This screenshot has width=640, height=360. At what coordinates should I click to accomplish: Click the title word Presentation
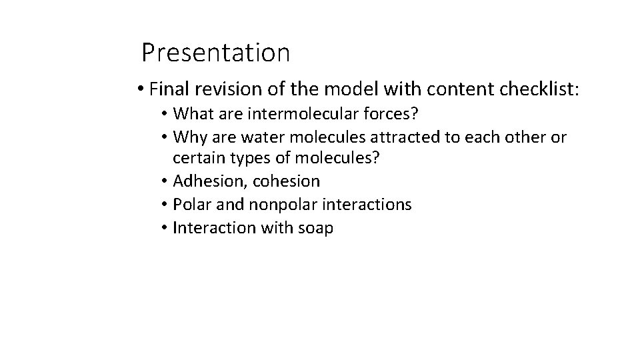pyautogui.click(x=215, y=51)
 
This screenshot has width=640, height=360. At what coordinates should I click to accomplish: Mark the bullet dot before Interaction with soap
pyautogui.click(x=163, y=228)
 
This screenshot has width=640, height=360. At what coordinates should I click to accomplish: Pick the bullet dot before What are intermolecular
pyautogui.click(x=163, y=115)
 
